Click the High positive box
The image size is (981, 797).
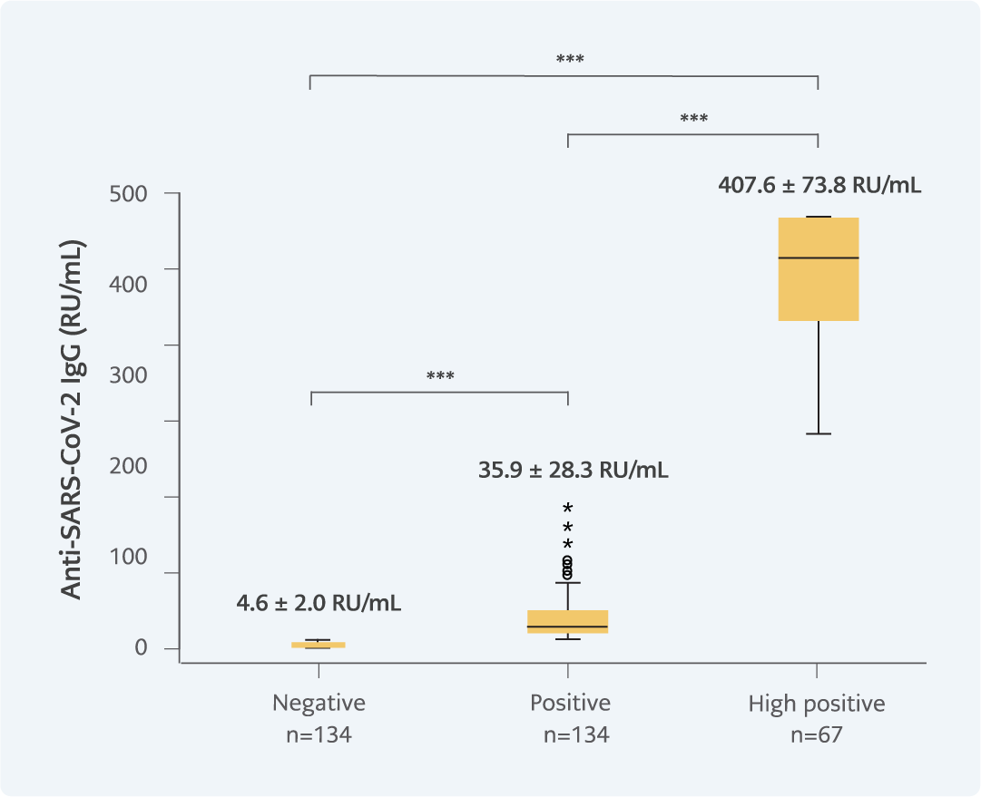(x=819, y=290)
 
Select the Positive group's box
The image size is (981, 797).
(x=568, y=621)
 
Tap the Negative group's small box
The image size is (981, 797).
(x=318, y=645)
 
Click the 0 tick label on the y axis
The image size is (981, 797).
(x=142, y=648)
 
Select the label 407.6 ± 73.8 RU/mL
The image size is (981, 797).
(x=819, y=186)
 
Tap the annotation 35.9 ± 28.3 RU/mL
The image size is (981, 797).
(x=573, y=471)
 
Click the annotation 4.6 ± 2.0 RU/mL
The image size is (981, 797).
(x=319, y=602)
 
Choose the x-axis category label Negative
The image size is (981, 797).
(x=319, y=704)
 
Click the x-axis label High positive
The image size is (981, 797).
(x=817, y=704)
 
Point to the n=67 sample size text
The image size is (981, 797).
(x=817, y=734)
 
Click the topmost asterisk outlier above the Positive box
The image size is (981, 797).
(x=568, y=508)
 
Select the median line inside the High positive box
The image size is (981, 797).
(x=819, y=258)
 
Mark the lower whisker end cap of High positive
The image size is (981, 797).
(x=819, y=434)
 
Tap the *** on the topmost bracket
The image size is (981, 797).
(x=570, y=61)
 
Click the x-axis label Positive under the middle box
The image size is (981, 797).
(x=570, y=704)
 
